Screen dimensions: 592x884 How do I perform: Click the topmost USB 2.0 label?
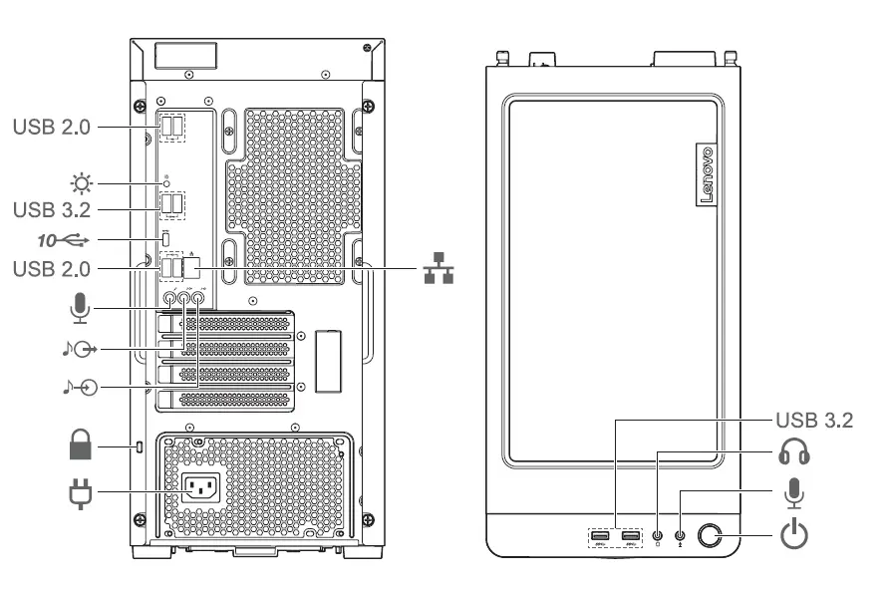tap(51, 128)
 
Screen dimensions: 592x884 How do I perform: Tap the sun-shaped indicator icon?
tap(78, 183)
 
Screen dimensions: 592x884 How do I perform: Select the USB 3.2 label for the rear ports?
tap(51, 210)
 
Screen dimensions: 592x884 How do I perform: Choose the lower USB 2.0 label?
tap(51, 269)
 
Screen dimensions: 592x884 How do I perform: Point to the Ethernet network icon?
tap(437, 269)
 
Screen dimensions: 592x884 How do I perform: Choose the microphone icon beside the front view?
tap(793, 493)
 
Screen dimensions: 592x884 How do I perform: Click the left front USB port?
tap(600, 538)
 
